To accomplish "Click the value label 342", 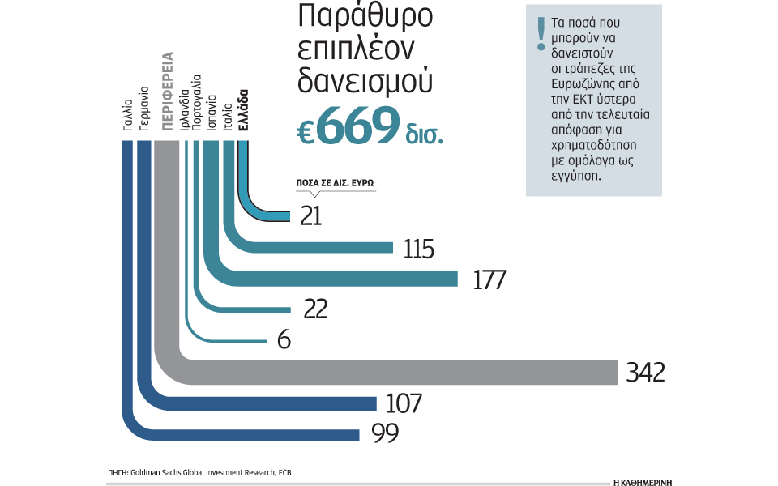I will tap(645, 372).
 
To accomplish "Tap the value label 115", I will tap(419, 249).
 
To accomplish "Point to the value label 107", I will tap(404, 403).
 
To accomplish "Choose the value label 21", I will tap(311, 216).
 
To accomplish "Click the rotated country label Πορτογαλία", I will tap(197, 104).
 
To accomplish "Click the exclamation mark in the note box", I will tap(539, 36).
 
